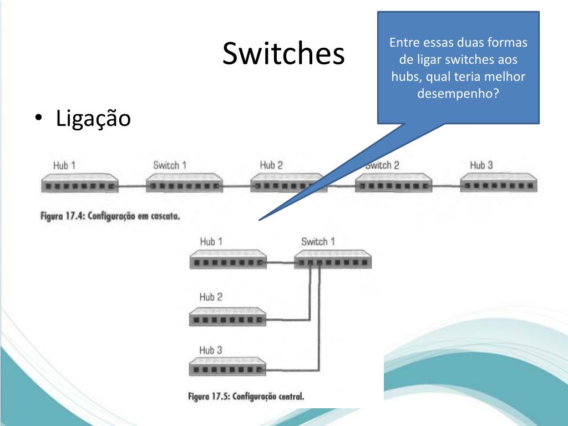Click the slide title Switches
(283, 54)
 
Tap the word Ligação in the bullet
(93, 118)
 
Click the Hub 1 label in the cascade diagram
(64, 165)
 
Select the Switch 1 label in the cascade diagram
(170, 165)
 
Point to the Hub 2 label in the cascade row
(271, 165)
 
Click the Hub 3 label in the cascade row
(481, 165)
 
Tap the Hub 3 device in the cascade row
(498, 183)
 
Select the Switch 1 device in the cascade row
(184, 183)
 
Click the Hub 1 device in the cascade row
(79, 183)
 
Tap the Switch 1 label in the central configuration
(318, 242)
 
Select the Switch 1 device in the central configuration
(332, 260)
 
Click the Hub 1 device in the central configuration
(227, 260)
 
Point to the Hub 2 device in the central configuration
(227, 317)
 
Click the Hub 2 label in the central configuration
(211, 297)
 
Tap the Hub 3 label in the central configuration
(211, 351)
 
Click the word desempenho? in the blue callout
(458, 93)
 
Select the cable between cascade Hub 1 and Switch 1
(131, 186)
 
